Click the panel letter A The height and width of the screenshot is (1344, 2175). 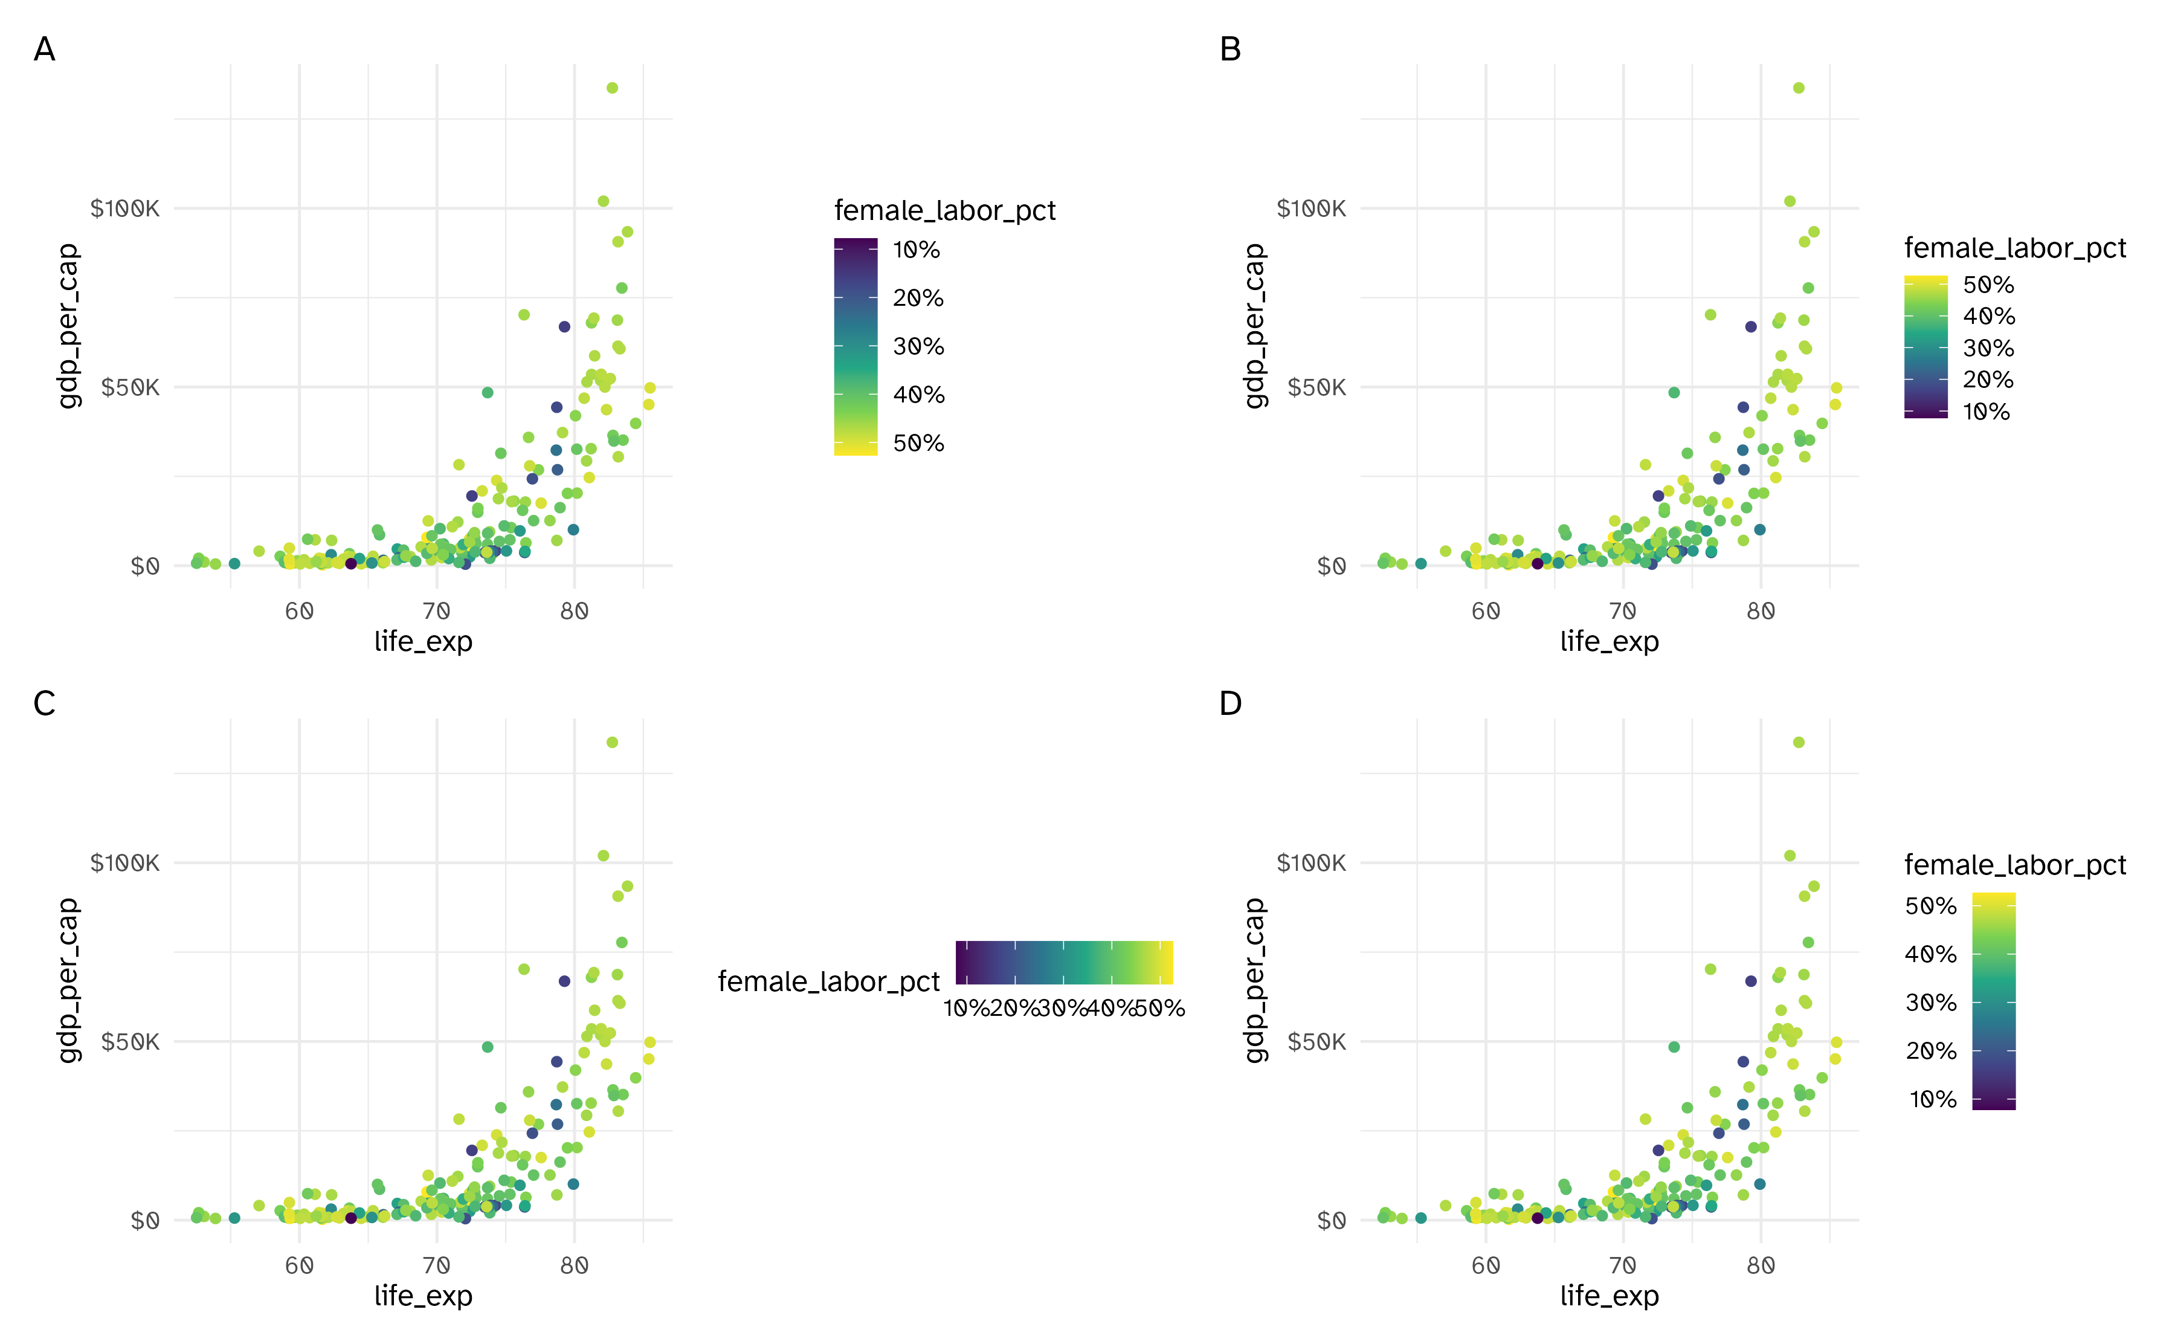pyautogui.click(x=45, y=49)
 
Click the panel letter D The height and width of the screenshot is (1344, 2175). pyautogui.click(x=1231, y=703)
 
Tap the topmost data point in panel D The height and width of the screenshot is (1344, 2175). pyautogui.click(x=1798, y=742)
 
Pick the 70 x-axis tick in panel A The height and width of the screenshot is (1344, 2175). pyautogui.click(x=436, y=612)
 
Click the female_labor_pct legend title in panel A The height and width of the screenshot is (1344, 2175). pyautogui.click(x=944, y=211)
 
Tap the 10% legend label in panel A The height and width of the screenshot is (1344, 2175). pyautogui.click(x=916, y=250)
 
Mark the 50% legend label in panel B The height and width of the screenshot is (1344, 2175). pyautogui.click(x=1988, y=285)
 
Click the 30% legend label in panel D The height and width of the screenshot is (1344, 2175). pyautogui.click(x=1931, y=1003)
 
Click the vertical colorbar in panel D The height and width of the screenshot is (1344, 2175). pyautogui.click(x=1993, y=1001)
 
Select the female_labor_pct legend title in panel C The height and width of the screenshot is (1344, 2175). pyautogui.click(x=828, y=981)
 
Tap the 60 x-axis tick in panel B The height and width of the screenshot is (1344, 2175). pyautogui.click(x=1486, y=612)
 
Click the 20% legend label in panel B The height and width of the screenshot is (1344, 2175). pyautogui.click(x=1988, y=380)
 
